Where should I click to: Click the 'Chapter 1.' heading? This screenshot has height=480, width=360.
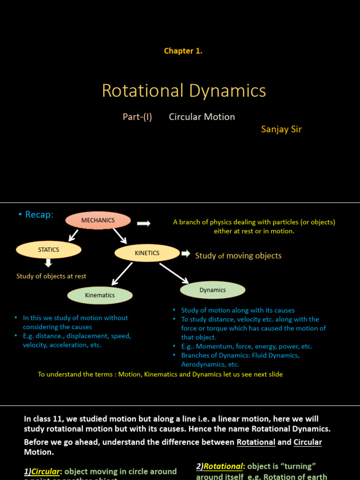coord(183,51)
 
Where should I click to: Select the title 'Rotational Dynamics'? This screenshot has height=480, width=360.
coord(184,90)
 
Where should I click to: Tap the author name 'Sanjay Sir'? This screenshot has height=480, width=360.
coord(281,129)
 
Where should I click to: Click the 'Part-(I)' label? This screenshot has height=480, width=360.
coord(137,117)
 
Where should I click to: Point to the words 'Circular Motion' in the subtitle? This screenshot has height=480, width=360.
coord(202,117)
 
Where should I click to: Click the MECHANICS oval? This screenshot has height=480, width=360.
coord(98,220)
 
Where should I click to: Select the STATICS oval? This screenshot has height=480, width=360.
coord(49,250)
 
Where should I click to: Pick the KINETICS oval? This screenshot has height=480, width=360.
coord(147,253)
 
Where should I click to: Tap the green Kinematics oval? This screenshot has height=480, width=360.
coord(100,295)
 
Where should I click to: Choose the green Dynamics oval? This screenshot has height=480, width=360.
coord(212,290)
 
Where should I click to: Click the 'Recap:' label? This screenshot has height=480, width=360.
coord(36,215)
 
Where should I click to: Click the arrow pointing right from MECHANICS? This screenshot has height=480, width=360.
coord(144,224)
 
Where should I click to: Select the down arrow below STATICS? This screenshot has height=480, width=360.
coord(48,264)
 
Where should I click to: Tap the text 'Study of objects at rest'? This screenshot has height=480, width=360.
coord(51,276)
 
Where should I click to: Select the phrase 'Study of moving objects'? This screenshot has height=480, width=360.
coord(238,255)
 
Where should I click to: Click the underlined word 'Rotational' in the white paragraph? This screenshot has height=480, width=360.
coord(256,442)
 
